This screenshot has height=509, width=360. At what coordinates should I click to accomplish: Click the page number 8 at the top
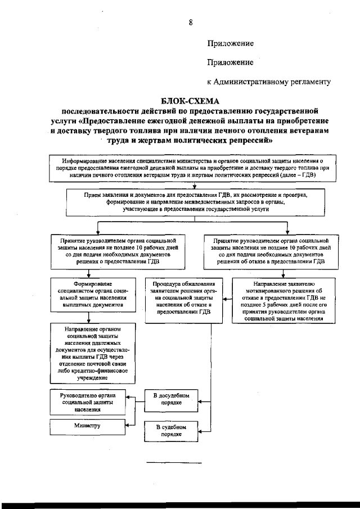[x=191, y=22]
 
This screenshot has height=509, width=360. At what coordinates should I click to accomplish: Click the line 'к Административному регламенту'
[x=268, y=82]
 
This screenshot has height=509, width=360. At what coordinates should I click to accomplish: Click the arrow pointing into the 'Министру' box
[x=128, y=426]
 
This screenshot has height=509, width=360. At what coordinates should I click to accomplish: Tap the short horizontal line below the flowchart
[x=173, y=463]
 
